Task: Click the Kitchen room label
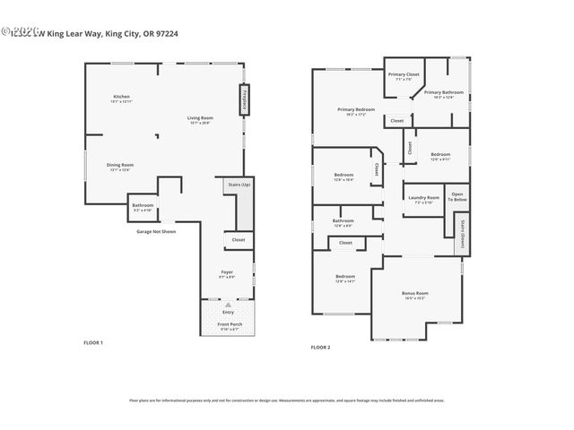coord(121,98)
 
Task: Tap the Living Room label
coord(199,119)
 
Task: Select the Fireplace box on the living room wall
coord(243,99)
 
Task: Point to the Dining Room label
coord(120,166)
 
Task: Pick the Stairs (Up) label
coord(239,184)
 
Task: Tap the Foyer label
coord(227,272)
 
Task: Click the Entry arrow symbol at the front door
coord(228,305)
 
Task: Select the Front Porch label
coord(229,327)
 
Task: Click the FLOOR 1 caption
coord(93,343)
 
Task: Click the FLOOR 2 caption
coord(320,347)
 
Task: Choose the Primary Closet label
coord(404,75)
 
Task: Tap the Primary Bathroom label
coord(444,93)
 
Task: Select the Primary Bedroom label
coord(356,110)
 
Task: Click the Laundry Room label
coord(422,199)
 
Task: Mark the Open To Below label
coord(457,197)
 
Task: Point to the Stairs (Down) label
coord(462,232)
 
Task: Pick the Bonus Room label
coord(414,295)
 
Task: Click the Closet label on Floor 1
coord(238,240)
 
